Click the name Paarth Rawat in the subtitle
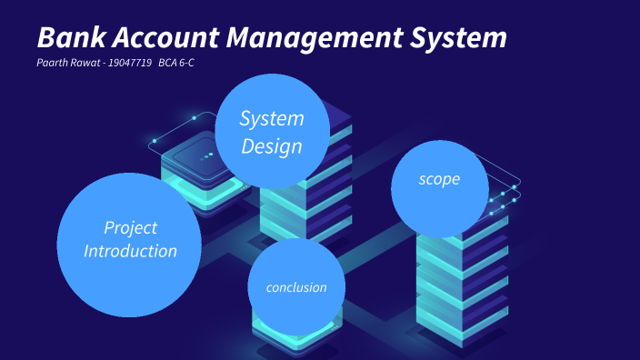pyautogui.click(x=67, y=64)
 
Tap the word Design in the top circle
pyautogui.click(x=272, y=146)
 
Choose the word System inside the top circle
pyautogui.click(x=272, y=118)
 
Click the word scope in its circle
pyautogui.click(x=439, y=179)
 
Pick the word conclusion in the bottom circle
pyautogui.click(x=295, y=287)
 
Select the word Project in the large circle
pyautogui.click(x=130, y=227)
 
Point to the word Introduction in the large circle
pyautogui.click(x=130, y=251)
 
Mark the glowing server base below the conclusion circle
pyautogui.click(x=296, y=341)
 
